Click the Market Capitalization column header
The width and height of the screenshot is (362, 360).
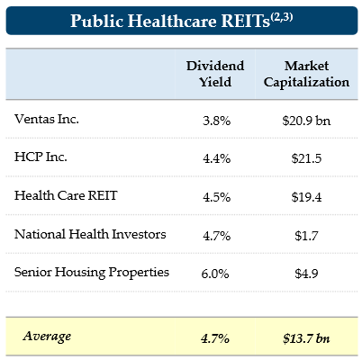click(304, 74)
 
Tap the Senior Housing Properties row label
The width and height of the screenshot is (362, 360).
click(92, 272)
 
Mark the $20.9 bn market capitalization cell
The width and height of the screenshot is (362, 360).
click(304, 121)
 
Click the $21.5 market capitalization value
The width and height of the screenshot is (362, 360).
click(304, 158)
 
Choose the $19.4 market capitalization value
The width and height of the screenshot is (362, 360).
click(304, 196)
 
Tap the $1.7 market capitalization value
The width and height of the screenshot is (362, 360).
click(304, 235)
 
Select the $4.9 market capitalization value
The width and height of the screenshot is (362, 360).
click(304, 274)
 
